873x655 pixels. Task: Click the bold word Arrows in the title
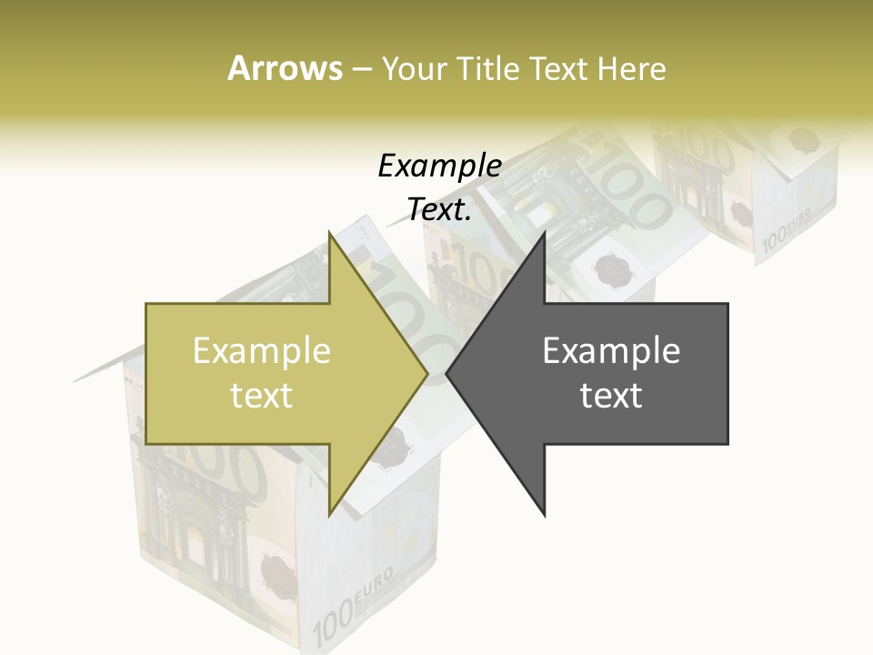coord(285,68)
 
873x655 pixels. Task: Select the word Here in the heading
coord(632,68)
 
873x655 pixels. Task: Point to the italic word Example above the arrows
coord(439,166)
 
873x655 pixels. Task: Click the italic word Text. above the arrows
coord(439,209)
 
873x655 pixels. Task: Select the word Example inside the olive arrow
coord(261,351)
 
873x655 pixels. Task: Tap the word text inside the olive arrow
coord(261,396)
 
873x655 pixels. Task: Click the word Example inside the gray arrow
coord(611,351)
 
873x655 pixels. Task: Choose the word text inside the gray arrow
coord(611,396)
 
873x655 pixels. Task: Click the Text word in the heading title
coord(561,68)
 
